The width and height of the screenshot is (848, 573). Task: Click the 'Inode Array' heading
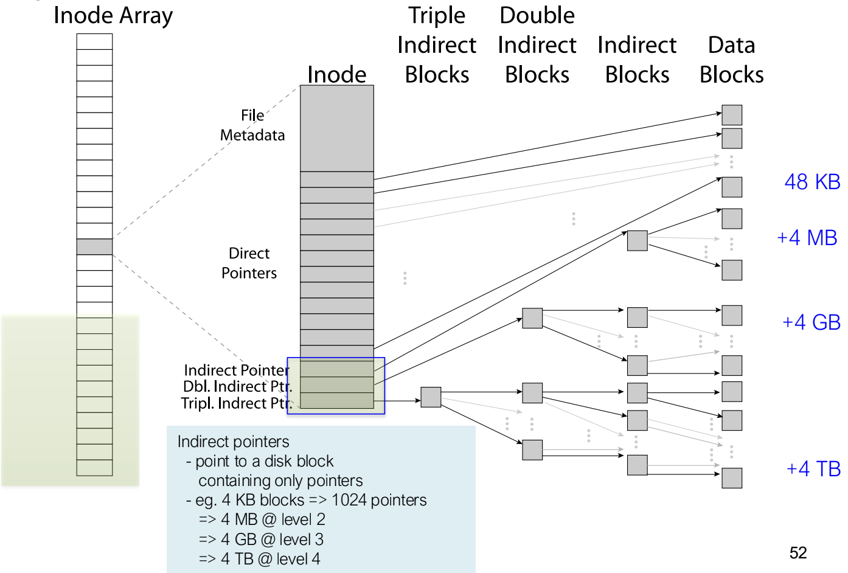point(113,16)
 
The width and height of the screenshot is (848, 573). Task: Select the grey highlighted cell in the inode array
point(94,246)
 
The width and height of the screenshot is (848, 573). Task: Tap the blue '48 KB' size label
point(813,182)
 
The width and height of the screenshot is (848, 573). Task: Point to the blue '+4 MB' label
point(807,238)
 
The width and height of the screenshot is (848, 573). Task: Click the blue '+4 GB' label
point(812,322)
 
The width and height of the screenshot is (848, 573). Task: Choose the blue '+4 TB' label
point(813,469)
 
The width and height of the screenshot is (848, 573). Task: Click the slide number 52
point(798,553)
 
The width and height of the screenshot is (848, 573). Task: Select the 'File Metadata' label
point(252,125)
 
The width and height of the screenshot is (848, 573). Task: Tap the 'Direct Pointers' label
point(249,263)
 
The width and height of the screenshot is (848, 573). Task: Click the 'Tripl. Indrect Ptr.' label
point(237,403)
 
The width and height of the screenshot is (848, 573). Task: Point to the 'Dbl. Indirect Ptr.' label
point(238,386)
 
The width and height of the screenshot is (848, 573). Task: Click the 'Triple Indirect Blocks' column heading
point(437,45)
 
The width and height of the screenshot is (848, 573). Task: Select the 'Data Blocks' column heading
point(731,60)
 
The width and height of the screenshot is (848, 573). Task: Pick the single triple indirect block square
point(431,397)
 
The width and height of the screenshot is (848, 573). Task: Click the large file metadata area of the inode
point(337,128)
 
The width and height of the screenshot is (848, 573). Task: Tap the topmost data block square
point(732,115)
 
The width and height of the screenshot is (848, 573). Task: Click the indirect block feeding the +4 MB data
point(637,241)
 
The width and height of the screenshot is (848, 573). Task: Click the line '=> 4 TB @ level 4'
point(259,559)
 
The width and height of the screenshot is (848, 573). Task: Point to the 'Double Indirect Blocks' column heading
point(537,45)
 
